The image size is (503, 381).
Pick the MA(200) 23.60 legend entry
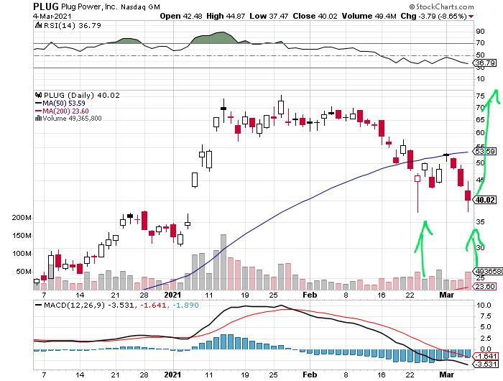pos(68,111)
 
